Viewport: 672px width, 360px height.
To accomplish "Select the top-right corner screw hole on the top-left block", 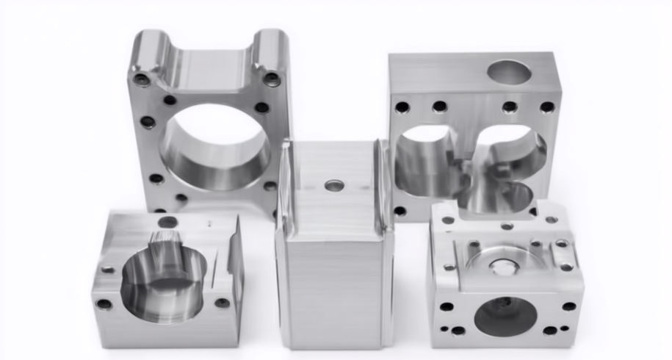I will pyautogui.click(x=272, y=79).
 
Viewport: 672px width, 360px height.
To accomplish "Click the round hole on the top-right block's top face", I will pyautogui.click(x=509, y=73).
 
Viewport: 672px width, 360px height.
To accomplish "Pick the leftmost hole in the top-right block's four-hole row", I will pyautogui.click(x=402, y=107).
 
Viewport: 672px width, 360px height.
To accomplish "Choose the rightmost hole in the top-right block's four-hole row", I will pyautogui.click(x=547, y=107).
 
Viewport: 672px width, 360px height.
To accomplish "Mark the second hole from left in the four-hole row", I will pyautogui.click(x=440, y=107).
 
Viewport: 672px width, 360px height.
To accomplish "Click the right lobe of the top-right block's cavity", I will pyautogui.click(x=514, y=158).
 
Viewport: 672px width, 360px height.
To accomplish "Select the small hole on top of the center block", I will pyautogui.click(x=334, y=186).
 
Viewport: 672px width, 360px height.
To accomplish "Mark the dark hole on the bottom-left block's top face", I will pyautogui.click(x=168, y=222).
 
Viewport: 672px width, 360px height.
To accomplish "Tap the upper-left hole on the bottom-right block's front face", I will pyautogui.click(x=447, y=306).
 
